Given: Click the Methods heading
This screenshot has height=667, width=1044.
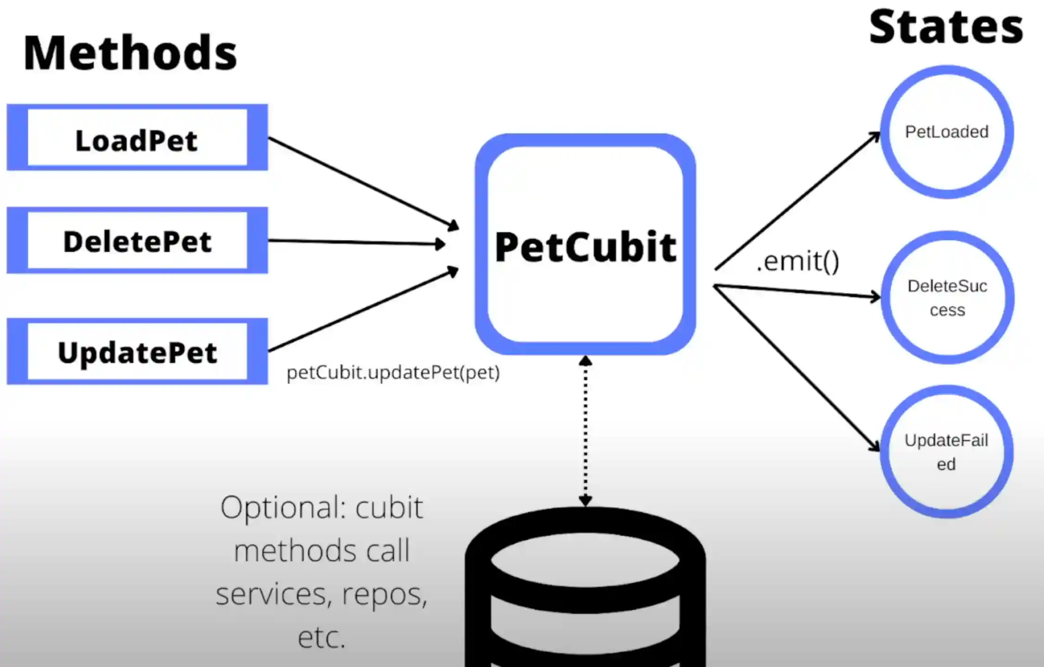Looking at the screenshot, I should point(130,53).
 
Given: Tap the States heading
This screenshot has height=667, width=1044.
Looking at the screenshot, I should point(945,28).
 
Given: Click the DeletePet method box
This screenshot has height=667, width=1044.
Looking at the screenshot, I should point(137,241).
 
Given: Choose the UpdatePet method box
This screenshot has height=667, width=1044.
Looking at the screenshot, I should point(137,352).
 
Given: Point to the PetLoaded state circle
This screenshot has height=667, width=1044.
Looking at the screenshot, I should point(947,132).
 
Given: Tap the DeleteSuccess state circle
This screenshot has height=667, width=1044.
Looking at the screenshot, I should point(947,297).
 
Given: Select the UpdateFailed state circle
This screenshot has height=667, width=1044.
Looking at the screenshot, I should point(946,452).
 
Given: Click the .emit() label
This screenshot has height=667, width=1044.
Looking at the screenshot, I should point(798,262).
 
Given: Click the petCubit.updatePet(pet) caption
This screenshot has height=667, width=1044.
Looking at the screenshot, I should point(393,372).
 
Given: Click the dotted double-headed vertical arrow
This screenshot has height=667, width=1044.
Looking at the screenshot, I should point(585,431).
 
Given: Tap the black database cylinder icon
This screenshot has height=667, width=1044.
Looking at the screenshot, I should point(585,593).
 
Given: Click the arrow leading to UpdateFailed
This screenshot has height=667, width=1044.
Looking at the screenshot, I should point(797,368).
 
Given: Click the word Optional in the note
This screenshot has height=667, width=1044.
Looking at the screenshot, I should point(283,508).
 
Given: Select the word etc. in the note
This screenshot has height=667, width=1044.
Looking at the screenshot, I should point(322,638).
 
